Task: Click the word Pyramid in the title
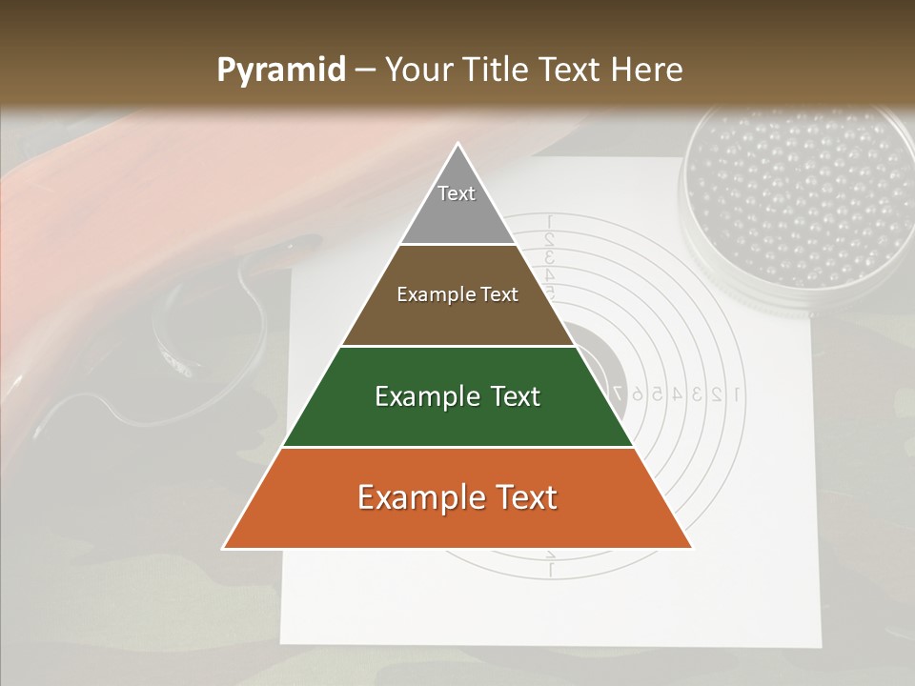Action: (x=281, y=71)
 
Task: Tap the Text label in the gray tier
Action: (x=457, y=193)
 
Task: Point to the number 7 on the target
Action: (x=618, y=393)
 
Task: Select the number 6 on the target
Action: (x=636, y=393)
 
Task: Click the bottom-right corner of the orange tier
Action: (x=691, y=548)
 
